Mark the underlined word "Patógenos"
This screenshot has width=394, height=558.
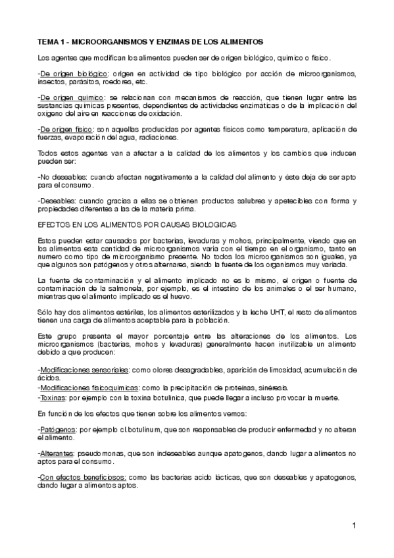(57, 430)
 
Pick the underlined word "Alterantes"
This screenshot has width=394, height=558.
(57, 454)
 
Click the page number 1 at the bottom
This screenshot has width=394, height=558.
(353, 525)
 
